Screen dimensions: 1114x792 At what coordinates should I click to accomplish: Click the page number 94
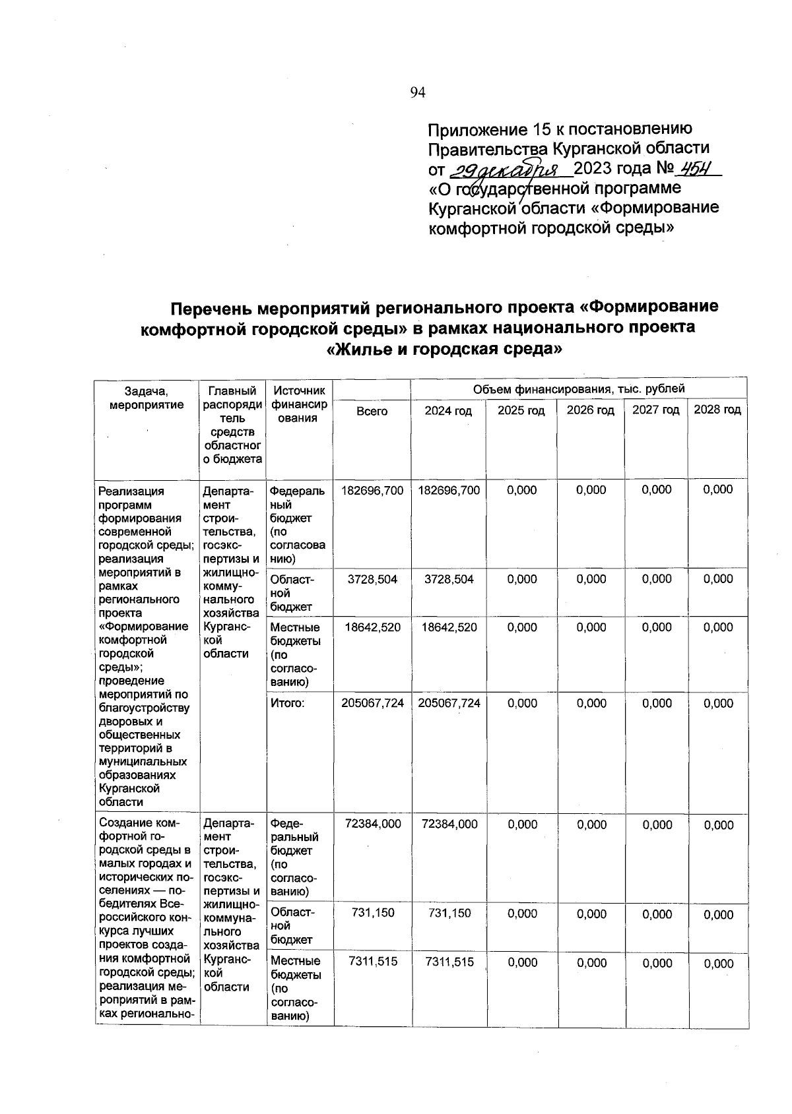pos(417,93)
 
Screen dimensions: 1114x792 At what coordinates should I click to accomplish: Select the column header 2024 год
pos(448,411)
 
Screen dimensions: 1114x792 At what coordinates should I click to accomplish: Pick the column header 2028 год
pos(717,410)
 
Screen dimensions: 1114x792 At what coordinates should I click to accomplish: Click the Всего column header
pos(372,411)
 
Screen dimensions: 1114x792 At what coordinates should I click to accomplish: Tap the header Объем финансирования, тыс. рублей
pos(579,389)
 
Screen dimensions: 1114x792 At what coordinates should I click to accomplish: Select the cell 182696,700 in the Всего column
pos(372,490)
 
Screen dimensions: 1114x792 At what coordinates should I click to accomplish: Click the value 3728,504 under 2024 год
pos(449,579)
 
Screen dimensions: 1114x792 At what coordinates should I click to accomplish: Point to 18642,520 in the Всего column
pos(372,627)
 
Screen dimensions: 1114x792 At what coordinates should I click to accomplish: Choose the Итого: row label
pos(288,704)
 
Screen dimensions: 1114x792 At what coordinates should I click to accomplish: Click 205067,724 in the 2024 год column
pos(449,704)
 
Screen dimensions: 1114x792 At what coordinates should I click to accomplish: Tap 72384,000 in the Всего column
pos(372,824)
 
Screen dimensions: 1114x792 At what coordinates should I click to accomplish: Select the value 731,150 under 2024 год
pos(449,914)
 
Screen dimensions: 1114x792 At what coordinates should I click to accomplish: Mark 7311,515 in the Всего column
pos(372,962)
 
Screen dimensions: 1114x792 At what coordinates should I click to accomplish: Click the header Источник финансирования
pos(298,404)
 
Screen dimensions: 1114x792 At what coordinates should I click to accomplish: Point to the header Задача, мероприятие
pos(147,398)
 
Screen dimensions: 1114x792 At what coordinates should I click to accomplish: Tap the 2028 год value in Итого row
pos(717,704)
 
